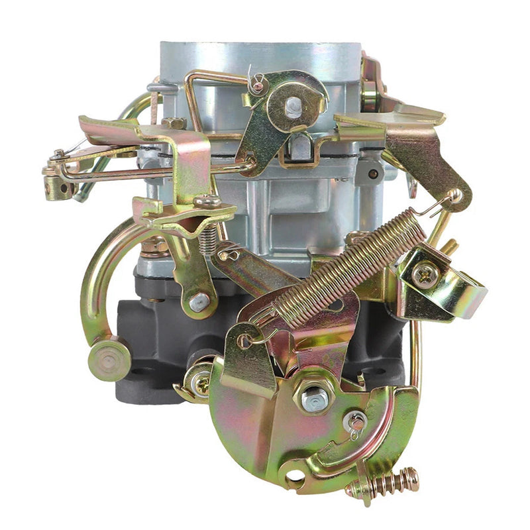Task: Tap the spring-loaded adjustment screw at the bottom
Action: tap(384, 482)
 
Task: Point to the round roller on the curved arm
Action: tap(108, 358)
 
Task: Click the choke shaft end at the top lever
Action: tap(292, 105)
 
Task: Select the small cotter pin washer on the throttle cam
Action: tap(355, 419)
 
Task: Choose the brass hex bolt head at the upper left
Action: tap(174, 123)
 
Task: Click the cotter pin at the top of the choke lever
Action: tap(256, 82)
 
